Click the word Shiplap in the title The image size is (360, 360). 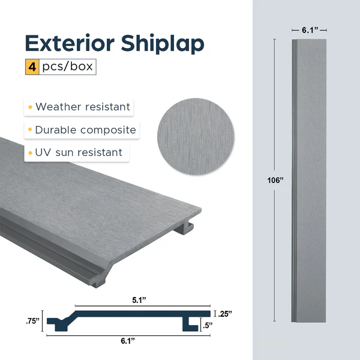point(162,45)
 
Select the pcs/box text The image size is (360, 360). point(67,67)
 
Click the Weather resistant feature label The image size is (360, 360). point(82,107)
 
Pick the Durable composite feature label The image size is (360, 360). point(85,130)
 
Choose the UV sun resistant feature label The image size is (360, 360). point(78,153)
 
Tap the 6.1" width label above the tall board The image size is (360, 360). point(308,29)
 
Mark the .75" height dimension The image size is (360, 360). point(34,320)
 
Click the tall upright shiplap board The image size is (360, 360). point(308,180)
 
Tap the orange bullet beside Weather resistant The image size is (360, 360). point(29,107)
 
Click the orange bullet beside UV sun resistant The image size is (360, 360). point(29,153)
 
